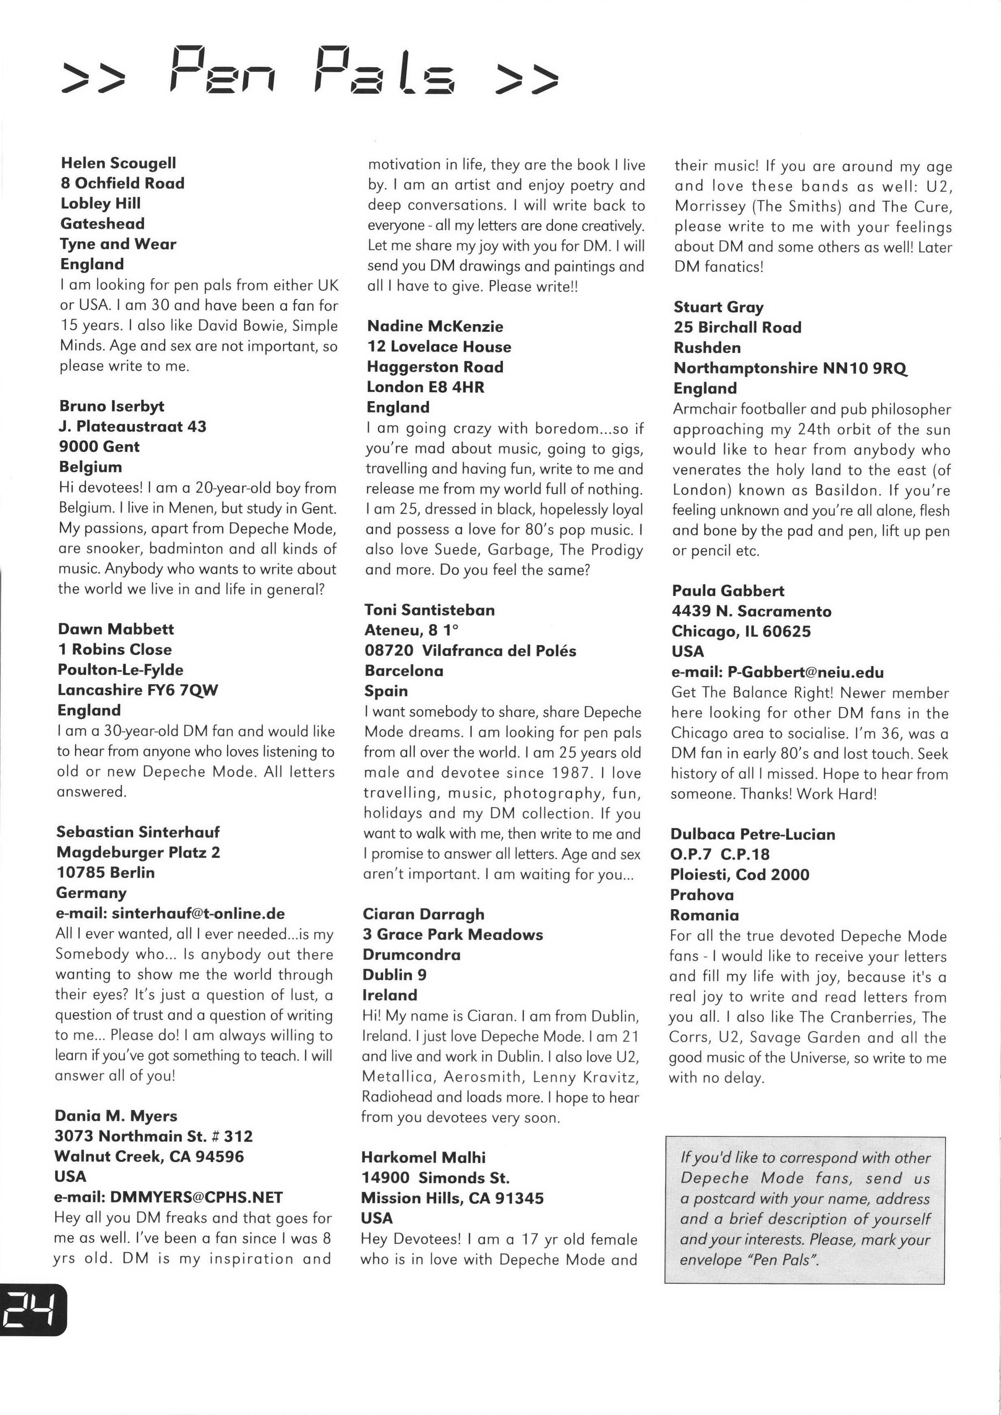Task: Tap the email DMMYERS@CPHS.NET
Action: click(196, 1198)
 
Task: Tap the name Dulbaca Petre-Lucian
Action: click(753, 834)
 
